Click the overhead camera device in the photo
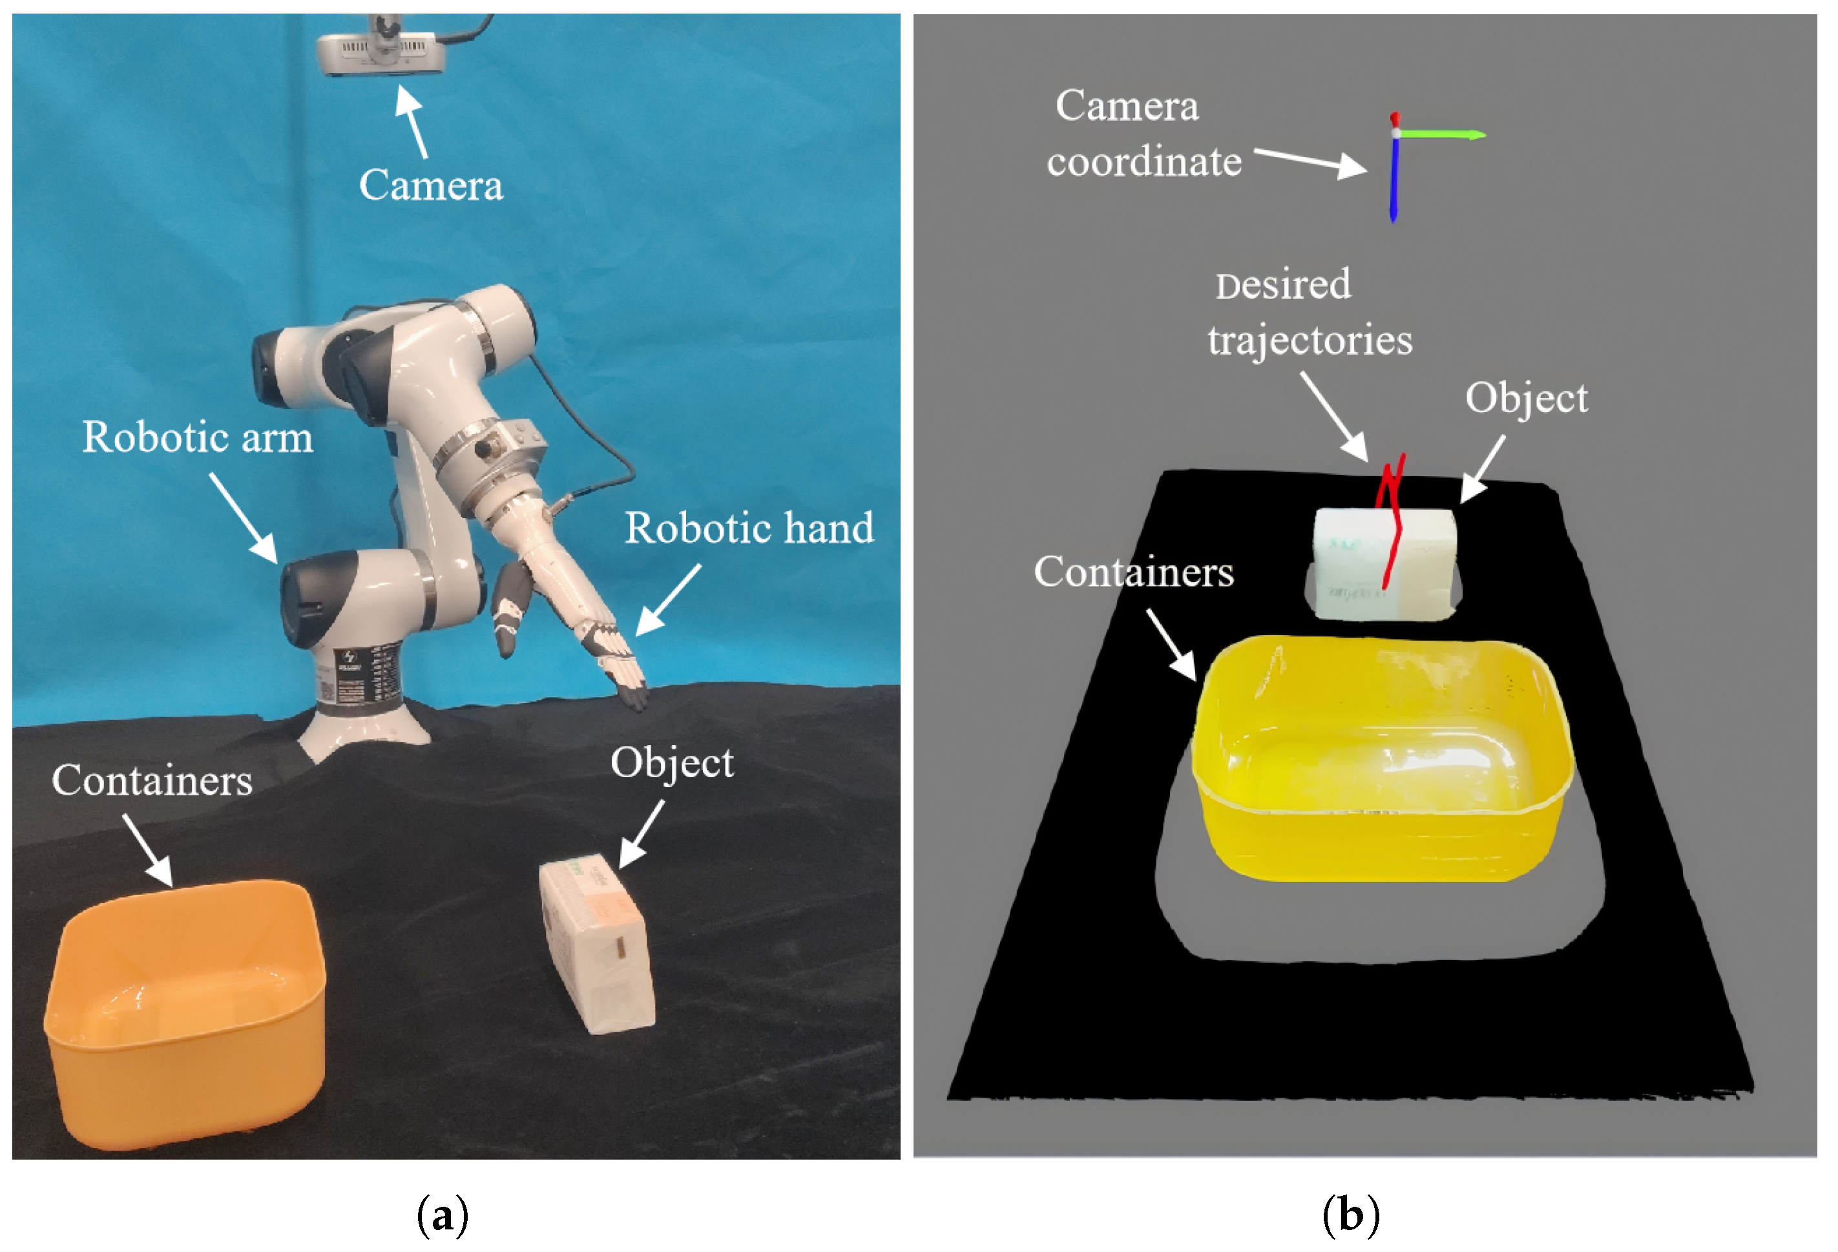pyautogui.click(x=381, y=50)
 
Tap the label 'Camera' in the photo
pyautogui.click(x=431, y=186)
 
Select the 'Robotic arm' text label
pyautogui.click(x=198, y=437)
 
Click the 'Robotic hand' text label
pyautogui.click(x=749, y=528)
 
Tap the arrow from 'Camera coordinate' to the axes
pyautogui.click(x=1309, y=162)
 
